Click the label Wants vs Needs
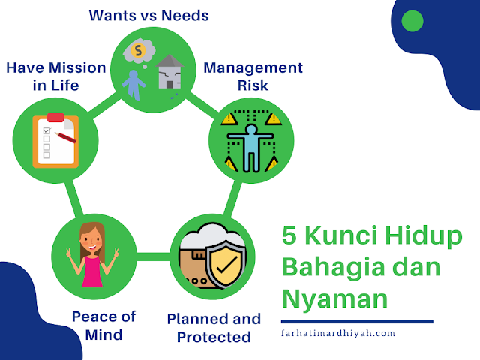coord(148,15)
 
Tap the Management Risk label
coord(253,76)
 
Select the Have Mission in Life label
coord(56,76)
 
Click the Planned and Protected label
coord(214,328)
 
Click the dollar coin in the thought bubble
coord(139,50)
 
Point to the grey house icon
coord(169,73)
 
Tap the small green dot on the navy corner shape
coord(412,20)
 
